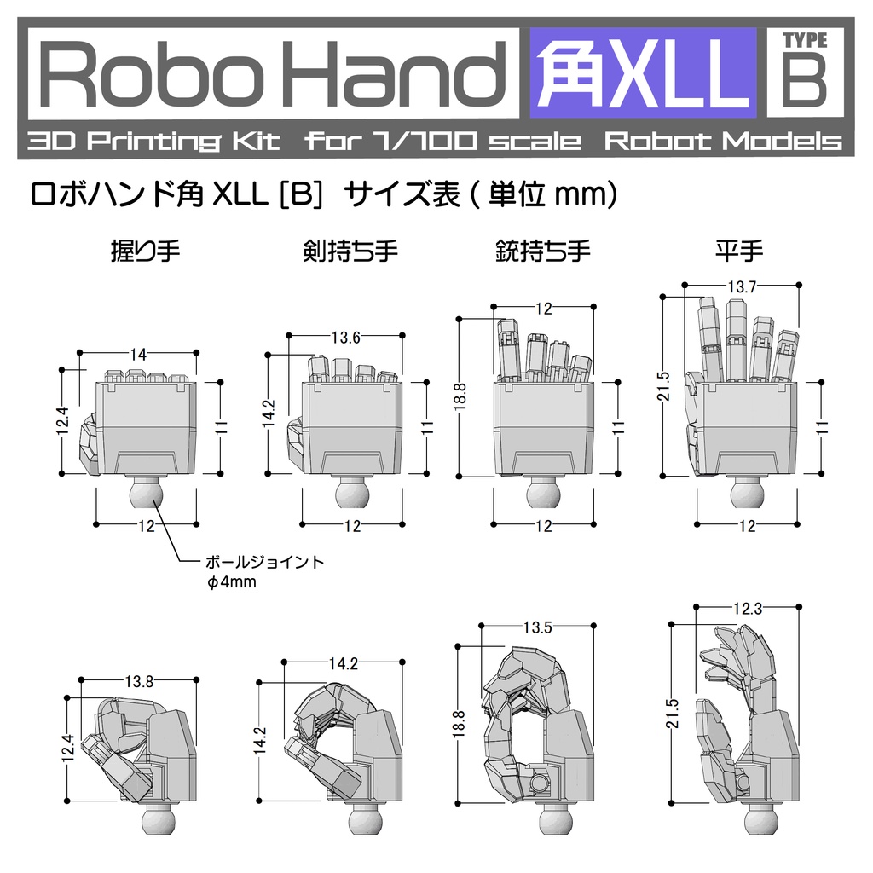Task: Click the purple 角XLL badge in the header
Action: coord(643,72)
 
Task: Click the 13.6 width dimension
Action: coord(345,338)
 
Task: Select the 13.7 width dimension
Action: coord(742,287)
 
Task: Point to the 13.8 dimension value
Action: coord(139,681)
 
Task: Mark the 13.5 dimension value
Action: coord(537,628)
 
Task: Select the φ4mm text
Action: coord(232,583)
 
